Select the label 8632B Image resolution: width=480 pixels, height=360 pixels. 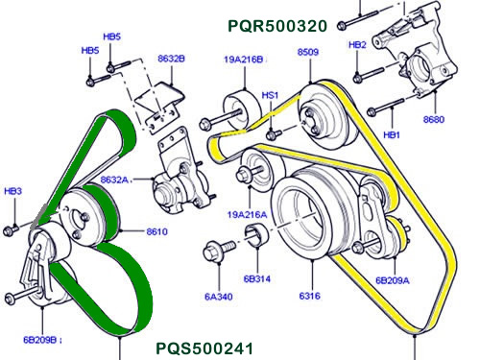171,59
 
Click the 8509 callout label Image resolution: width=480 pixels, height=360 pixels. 308,51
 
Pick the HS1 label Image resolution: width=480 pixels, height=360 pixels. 271,96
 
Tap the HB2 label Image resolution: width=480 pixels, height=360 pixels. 357,45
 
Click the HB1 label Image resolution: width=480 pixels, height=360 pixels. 391,135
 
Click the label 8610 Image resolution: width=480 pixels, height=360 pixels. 157,231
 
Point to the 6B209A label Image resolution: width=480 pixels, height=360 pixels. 392,280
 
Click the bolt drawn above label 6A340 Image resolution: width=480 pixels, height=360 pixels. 215,254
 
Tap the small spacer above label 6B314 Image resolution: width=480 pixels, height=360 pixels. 255,238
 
